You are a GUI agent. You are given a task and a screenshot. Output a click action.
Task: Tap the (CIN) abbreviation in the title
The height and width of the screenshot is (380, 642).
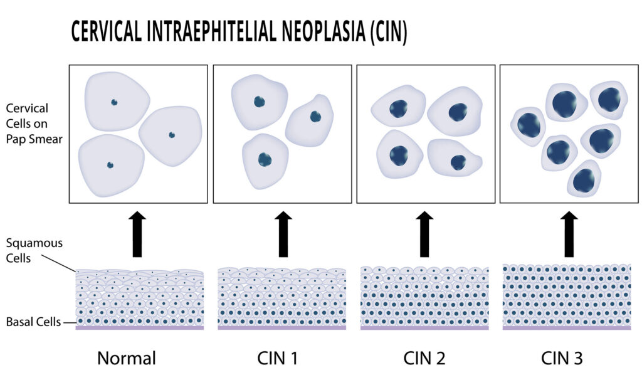click(386, 31)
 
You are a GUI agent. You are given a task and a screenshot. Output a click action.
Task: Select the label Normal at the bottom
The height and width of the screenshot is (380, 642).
click(127, 359)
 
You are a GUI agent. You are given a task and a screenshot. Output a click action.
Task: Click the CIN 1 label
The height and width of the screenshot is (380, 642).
click(278, 359)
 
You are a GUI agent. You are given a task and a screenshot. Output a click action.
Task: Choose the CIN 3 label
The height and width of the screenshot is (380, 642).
click(562, 359)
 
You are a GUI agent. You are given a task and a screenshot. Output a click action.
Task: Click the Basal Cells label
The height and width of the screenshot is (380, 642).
click(33, 322)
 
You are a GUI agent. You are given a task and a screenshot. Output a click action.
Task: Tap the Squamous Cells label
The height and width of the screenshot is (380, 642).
click(34, 250)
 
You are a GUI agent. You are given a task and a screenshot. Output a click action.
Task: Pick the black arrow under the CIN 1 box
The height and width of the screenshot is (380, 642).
click(283, 234)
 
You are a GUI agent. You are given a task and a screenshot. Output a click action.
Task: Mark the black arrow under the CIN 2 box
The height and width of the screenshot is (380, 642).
click(425, 234)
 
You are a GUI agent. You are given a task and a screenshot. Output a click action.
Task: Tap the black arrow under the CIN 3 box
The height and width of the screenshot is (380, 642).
click(569, 234)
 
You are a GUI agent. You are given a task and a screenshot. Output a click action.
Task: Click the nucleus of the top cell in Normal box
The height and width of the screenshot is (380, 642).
click(114, 102)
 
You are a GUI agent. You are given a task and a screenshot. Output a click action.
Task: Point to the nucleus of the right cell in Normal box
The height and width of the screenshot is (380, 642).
click(171, 135)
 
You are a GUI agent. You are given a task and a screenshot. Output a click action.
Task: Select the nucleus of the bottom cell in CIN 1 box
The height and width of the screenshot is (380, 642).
click(265, 159)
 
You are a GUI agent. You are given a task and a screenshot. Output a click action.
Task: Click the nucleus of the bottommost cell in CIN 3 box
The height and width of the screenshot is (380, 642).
click(584, 181)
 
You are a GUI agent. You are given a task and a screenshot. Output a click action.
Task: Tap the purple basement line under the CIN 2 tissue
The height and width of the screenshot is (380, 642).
click(424, 328)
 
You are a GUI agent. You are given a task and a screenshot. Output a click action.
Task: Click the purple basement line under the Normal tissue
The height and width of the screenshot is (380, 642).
click(139, 328)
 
